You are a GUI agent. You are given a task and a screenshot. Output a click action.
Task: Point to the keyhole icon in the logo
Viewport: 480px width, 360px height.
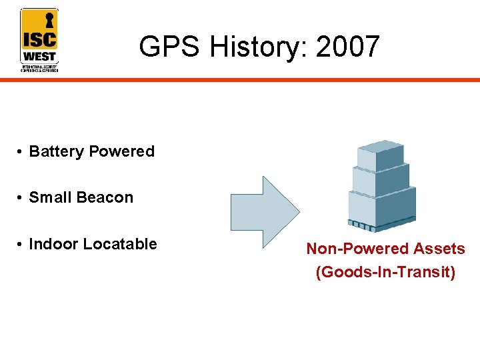pos(49,20)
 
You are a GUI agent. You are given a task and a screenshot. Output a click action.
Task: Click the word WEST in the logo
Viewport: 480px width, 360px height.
pos(39,56)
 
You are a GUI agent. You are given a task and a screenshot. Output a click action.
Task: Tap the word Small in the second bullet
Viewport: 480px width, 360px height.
pos(51,197)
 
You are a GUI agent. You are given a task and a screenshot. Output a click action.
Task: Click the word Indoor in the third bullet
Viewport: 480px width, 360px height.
pos(55,244)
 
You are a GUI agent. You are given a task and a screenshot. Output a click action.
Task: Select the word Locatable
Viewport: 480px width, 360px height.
pos(121,244)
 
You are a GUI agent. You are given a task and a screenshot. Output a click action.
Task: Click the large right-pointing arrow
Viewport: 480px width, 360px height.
pos(264,211)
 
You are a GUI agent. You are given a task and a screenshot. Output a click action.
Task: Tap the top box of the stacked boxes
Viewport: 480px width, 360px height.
pos(381,155)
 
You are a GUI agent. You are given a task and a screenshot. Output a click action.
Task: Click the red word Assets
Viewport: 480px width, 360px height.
pos(439,249)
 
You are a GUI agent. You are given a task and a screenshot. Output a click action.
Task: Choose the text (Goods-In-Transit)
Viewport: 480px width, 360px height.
pos(385,272)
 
